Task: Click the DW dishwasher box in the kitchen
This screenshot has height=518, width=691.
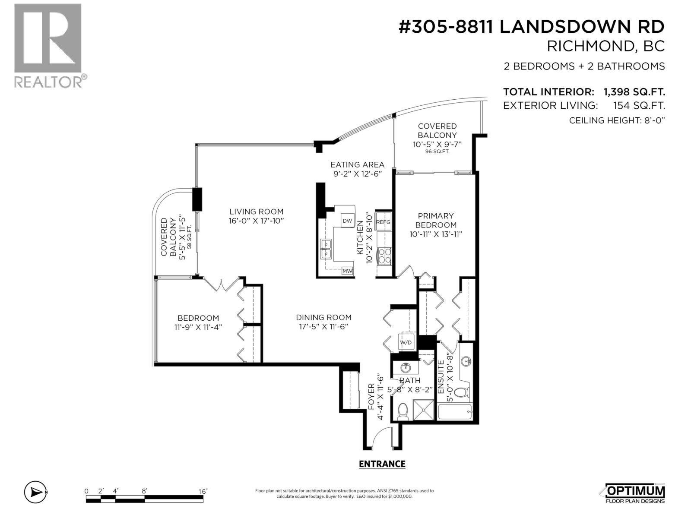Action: click(x=347, y=221)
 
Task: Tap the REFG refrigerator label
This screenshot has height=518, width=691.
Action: click(x=383, y=222)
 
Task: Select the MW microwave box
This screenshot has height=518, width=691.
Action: click(x=347, y=271)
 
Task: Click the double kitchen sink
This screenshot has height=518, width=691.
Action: click(x=325, y=249)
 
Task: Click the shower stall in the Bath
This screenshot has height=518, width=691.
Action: click(x=423, y=410)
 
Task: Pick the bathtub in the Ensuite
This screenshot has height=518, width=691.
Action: click(x=455, y=412)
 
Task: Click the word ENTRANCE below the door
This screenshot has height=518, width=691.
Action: click(x=382, y=464)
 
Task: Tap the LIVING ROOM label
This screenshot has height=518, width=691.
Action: click(x=256, y=212)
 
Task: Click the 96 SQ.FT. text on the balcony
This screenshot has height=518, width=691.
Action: click(x=437, y=152)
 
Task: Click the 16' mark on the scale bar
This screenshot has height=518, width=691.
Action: click(x=203, y=491)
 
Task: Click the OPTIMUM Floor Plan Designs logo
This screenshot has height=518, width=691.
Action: click(x=635, y=493)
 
